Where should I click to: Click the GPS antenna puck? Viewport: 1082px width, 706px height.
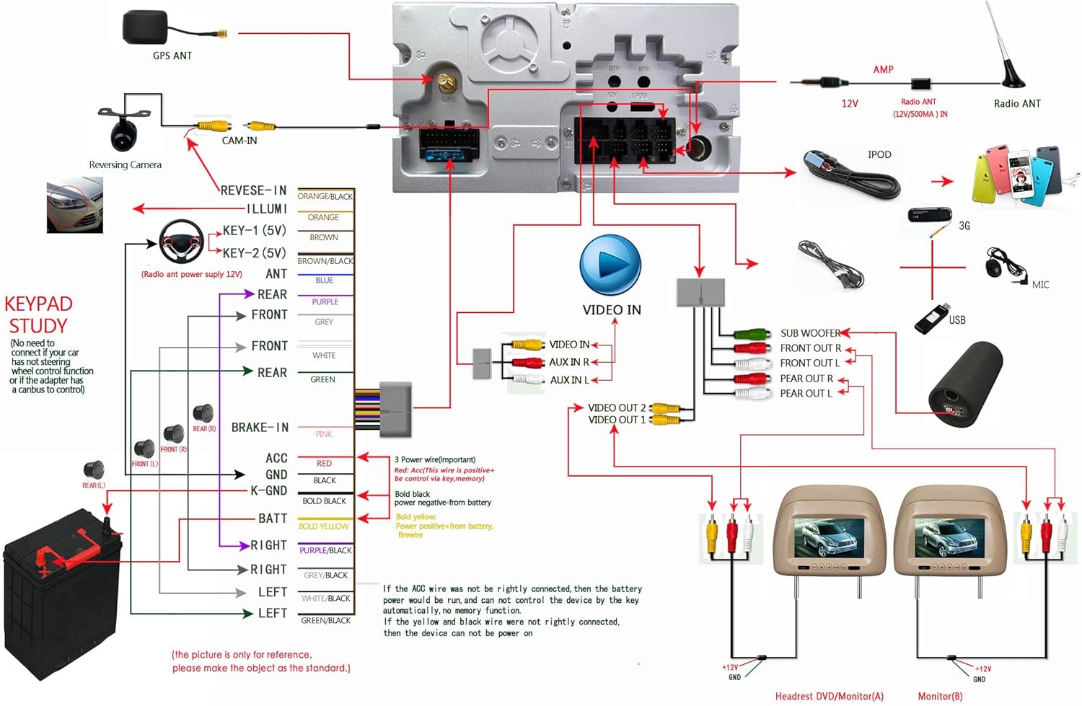[145, 28]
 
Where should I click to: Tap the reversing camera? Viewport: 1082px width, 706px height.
[125, 130]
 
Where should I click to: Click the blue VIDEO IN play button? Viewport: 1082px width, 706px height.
[610, 265]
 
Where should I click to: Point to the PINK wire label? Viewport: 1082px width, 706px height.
[324, 434]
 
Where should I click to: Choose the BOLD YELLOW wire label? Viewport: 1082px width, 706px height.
[323, 526]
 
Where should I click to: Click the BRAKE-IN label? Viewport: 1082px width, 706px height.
[260, 428]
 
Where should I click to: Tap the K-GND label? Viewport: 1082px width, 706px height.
[268, 490]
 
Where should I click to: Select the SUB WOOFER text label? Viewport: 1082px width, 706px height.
[809, 333]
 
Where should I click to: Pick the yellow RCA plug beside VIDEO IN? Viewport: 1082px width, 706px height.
[527, 345]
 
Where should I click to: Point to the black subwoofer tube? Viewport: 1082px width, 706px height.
[965, 385]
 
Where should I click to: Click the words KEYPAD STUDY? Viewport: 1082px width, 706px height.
[38, 315]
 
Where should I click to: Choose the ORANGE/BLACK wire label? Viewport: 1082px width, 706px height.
[325, 196]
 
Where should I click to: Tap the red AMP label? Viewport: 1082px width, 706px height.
[883, 70]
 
